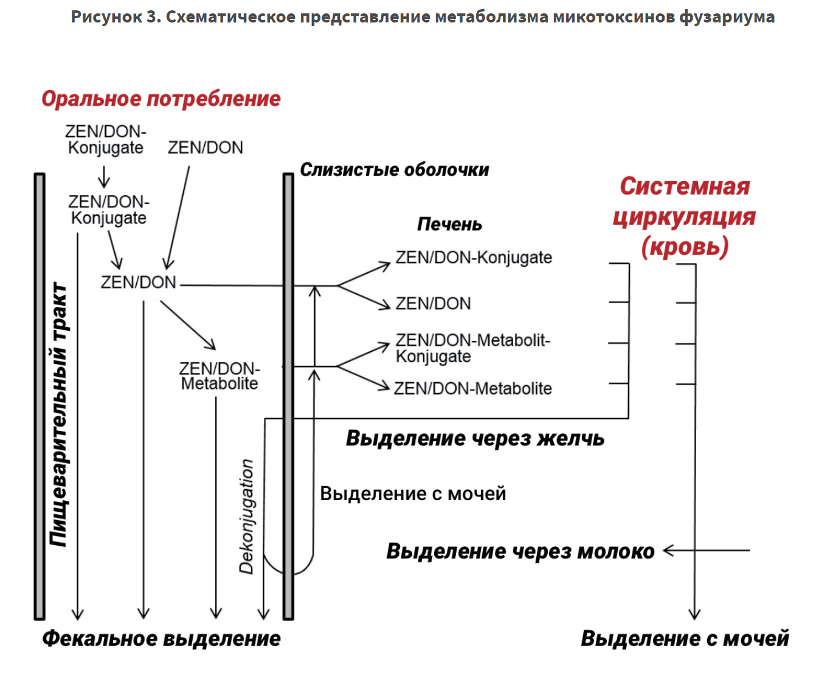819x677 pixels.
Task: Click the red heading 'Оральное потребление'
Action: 161,98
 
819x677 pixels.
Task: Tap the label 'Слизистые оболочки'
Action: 395,170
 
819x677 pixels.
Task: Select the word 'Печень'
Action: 449,224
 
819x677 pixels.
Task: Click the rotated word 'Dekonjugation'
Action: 246,517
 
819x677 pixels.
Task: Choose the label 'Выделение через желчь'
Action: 475,438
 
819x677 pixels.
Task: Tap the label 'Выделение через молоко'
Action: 520,551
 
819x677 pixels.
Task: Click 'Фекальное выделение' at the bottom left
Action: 161,639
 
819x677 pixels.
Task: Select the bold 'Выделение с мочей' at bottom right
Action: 685,639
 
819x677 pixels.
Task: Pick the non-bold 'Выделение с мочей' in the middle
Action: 413,493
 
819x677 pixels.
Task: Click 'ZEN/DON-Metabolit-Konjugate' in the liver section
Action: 472,348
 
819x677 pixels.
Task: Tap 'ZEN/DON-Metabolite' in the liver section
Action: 473,388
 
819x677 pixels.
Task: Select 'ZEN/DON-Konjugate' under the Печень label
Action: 474,258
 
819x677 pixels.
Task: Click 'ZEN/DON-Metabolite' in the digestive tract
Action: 219,376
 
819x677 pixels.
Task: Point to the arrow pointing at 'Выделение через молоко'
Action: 705,551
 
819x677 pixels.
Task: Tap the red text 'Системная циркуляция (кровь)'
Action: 685,216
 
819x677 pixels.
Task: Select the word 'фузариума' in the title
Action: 727,16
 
